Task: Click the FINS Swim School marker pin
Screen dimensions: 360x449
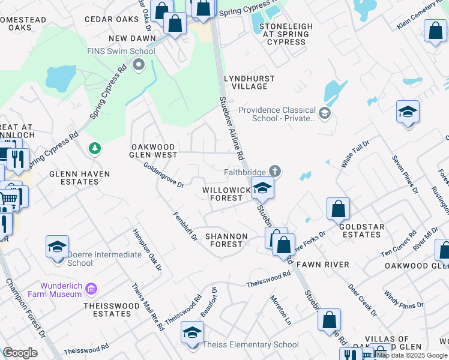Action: [x=139, y=64]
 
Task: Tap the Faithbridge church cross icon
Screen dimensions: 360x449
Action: [x=274, y=171]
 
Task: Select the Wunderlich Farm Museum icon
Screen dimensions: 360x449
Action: [x=91, y=290]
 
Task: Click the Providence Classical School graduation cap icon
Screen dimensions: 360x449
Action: [x=325, y=113]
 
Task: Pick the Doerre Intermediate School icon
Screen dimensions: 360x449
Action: [x=57, y=247]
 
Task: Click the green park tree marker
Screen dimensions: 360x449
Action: [x=94, y=148]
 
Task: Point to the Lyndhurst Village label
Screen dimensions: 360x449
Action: [x=249, y=82]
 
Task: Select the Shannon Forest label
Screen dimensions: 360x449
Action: [x=226, y=240]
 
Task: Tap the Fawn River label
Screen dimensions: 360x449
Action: [x=328, y=265]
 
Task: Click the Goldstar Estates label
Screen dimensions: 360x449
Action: [x=360, y=230]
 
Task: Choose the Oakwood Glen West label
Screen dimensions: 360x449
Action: [x=154, y=151]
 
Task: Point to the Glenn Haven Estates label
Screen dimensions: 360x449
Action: [x=79, y=178]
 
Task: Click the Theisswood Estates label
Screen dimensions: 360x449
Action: [x=112, y=310]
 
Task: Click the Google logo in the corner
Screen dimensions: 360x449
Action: [x=20, y=353]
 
